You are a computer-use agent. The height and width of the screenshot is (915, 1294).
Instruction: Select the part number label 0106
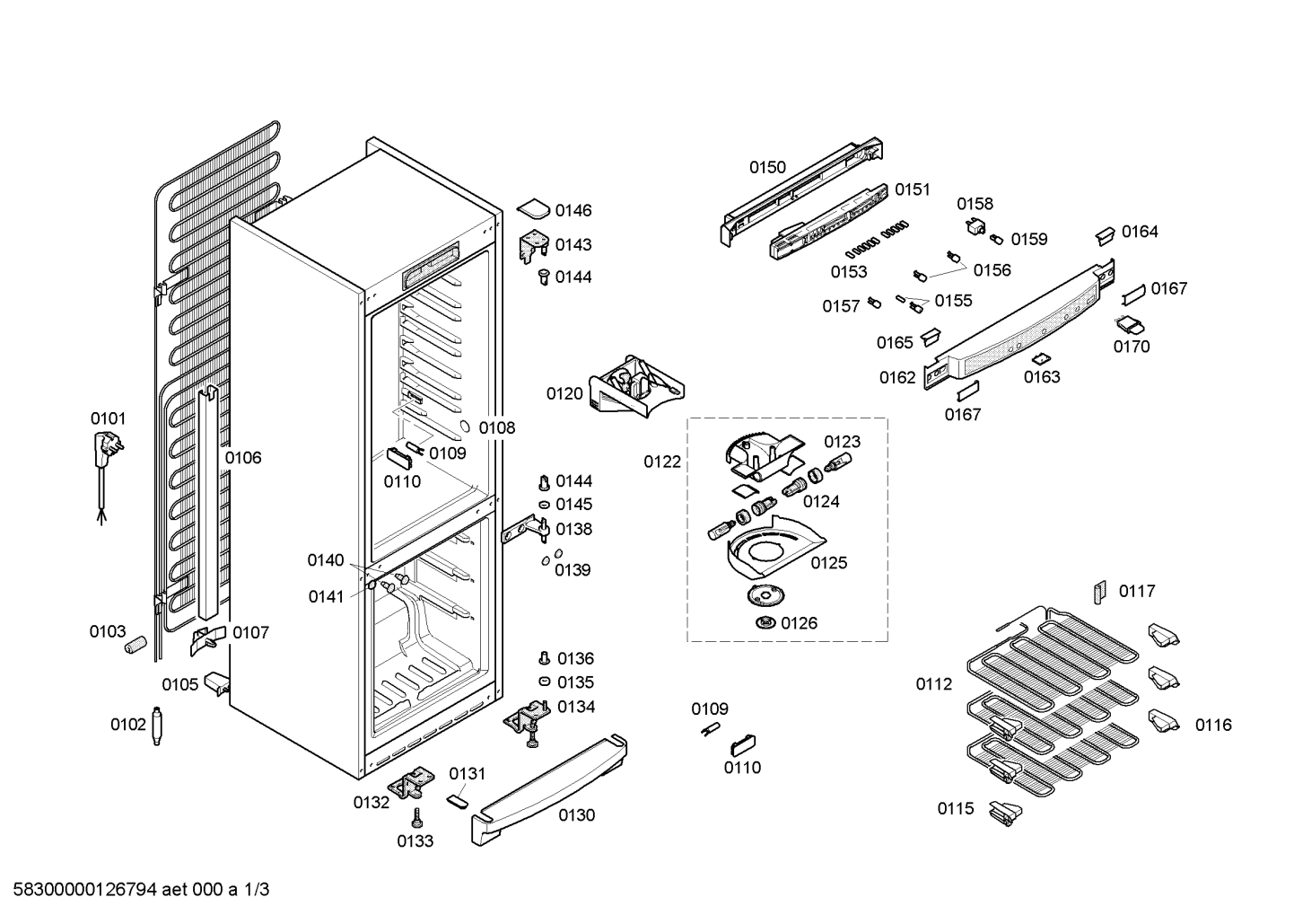pyautogui.click(x=243, y=458)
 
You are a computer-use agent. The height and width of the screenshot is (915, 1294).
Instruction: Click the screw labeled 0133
pyautogui.click(x=416, y=819)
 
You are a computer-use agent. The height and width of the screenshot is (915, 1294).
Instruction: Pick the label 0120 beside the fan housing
pyautogui.click(x=564, y=393)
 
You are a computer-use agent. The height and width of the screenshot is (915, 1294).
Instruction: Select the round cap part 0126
pyautogui.click(x=766, y=623)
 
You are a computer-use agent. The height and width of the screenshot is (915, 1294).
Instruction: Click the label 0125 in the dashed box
pyautogui.click(x=829, y=562)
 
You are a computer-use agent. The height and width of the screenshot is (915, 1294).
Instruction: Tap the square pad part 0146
pyautogui.click(x=534, y=209)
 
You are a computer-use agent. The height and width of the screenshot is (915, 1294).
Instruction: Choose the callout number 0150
pyautogui.click(x=768, y=167)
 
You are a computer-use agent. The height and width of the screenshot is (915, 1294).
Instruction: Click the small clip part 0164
pyautogui.click(x=1105, y=236)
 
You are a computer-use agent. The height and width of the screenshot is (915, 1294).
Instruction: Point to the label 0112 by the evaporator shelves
pyautogui.click(x=933, y=684)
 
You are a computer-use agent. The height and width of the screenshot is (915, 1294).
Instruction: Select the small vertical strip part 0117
pyautogui.click(x=1099, y=593)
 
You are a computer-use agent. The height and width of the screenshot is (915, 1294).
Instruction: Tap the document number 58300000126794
pyautogui.click(x=85, y=890)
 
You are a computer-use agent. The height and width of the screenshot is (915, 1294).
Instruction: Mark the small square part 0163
pyautogui.click(x=1040, y=359)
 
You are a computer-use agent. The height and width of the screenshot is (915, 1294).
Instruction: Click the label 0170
pyautogui.click(x=1132, y=347)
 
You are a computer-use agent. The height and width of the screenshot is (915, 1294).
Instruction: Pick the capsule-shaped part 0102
pyautogui.click(x=156, y=726)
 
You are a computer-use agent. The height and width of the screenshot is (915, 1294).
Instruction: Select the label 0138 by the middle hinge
pyautogui.click(x=574, y=529)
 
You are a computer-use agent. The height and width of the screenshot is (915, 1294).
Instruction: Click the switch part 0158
pyautogui.click(x=975, y=226)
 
